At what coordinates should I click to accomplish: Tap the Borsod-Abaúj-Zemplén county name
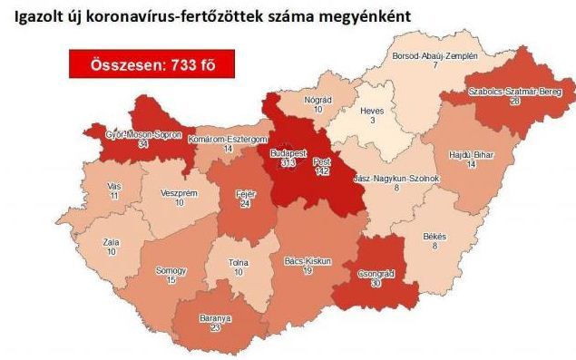click(434, 56)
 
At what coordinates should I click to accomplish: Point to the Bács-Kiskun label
click(308, 261)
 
